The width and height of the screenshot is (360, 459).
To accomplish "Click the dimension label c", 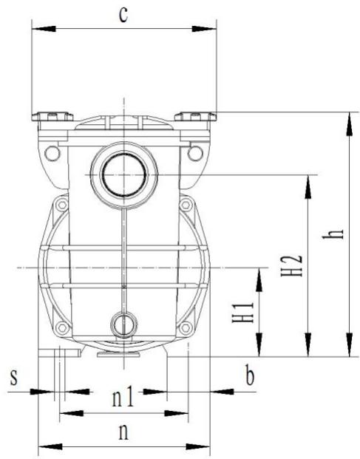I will pos(124,15).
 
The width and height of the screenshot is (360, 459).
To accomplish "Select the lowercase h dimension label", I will pos(336,233).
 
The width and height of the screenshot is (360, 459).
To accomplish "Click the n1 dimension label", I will pos(123,398).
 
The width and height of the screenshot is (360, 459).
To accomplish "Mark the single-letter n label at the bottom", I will pos(123,433).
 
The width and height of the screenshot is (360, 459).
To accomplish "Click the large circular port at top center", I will pos(123,174).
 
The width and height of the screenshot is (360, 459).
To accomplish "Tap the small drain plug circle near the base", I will pos(123,323).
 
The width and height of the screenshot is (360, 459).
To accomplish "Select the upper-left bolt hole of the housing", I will pos(51,153).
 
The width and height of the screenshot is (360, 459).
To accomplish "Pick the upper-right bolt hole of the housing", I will pos(194,153).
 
